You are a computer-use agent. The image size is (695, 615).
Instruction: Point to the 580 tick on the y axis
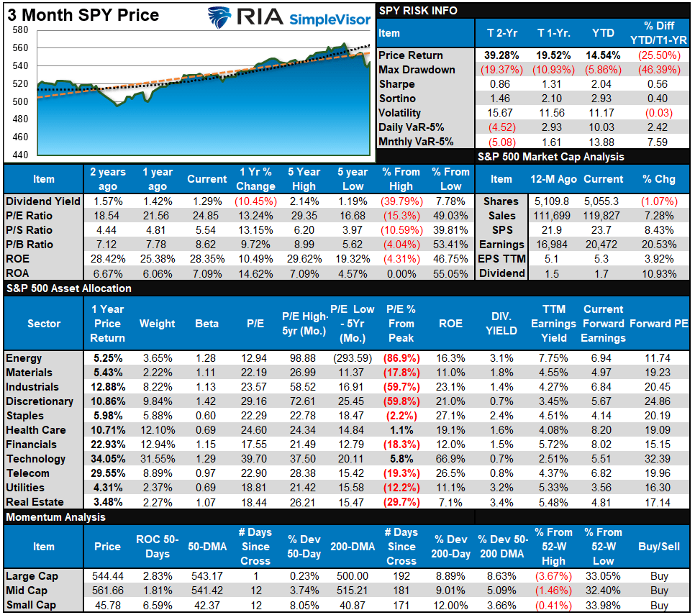[19, 30]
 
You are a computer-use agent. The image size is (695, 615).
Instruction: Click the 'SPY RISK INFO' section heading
[417, 11]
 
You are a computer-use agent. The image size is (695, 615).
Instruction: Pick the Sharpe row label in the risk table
[398, 84]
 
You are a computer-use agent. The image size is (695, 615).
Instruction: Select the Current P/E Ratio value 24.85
[207, 215]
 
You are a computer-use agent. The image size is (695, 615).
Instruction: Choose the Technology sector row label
[35, 459]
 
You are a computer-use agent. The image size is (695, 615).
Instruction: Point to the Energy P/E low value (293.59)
[352, 358]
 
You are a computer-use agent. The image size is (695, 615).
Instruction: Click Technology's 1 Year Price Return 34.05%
[107, 459]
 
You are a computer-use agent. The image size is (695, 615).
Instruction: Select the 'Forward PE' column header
[658, 324]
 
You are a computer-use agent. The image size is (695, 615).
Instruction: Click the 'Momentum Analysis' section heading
[55, 517]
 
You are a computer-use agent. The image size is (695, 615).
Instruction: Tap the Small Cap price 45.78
[107, 605]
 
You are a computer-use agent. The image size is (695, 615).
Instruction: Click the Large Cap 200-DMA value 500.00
[353, 576]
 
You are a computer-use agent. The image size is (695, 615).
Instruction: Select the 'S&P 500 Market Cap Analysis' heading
[551, 156]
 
